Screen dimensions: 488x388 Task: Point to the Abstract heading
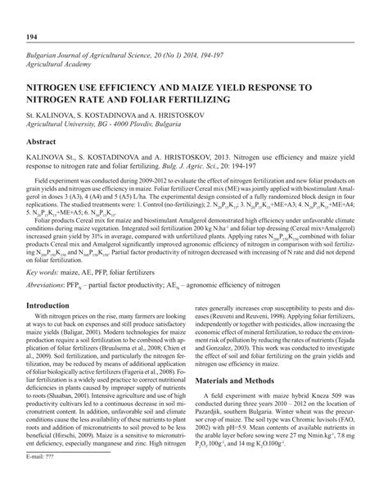(x=47, y=142)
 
